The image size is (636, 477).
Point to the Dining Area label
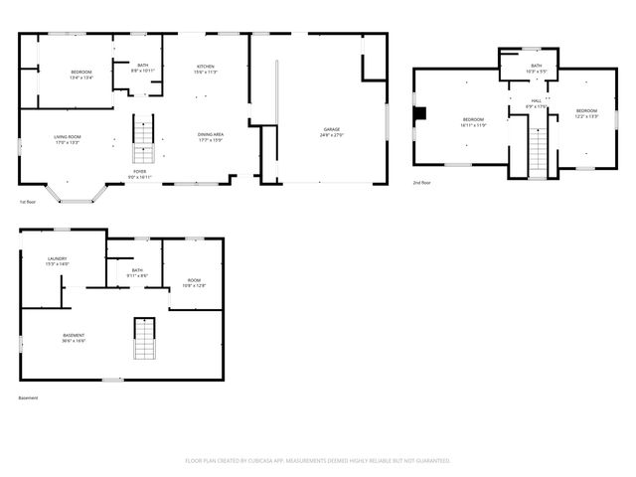coord(210,137)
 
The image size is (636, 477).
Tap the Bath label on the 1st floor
coord(143,68)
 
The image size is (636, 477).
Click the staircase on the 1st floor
coord(144,138)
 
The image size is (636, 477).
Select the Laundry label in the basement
coord(57,261)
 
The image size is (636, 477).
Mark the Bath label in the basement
coord(137,272)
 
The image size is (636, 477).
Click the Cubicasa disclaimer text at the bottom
coord(318,460)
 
